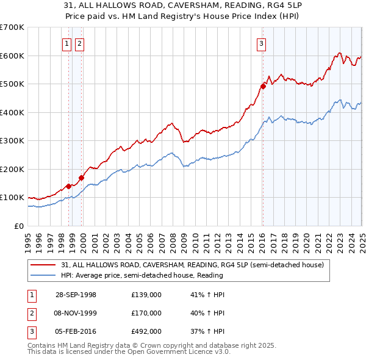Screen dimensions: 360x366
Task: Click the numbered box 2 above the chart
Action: click(x=80, y=43)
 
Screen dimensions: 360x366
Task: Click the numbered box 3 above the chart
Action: click(x=261, y=43)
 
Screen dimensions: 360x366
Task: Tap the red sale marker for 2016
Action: click(x=263, y=86)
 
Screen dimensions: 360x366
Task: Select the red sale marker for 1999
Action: click(x=81, y=178)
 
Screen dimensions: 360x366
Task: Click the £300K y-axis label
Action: click(x=12, y=141)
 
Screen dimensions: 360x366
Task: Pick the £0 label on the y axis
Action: click(x=19, y=226)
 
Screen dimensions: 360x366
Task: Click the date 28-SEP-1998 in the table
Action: click(x=76, y=295)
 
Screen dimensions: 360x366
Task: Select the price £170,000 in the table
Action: click(x=146, y=313)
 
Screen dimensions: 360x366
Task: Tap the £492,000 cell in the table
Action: click(x=146, y=332)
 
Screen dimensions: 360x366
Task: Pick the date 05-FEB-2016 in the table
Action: click(x=76, y=332)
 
